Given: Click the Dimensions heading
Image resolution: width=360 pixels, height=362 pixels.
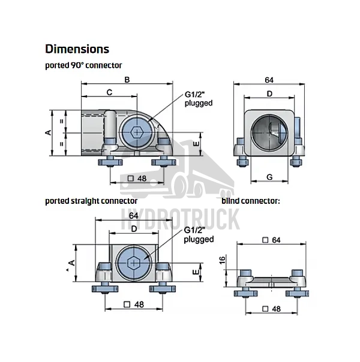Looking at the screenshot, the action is [77, 49].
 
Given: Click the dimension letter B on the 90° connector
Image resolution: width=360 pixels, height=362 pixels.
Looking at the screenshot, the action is [127, 80].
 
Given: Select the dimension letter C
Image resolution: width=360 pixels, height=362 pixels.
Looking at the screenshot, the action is [109, 92].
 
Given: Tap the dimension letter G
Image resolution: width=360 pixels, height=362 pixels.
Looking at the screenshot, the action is [269, 177].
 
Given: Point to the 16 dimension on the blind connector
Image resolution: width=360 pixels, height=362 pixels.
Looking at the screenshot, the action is [222, 260].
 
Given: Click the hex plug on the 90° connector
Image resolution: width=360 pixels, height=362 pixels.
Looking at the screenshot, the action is [137, 132].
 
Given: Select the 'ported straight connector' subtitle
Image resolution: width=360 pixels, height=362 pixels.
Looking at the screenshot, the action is [91, 201].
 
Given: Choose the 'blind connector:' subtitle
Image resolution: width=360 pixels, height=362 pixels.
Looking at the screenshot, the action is [251, 201].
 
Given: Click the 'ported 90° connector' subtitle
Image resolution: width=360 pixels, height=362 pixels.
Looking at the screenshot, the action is [83, 65].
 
